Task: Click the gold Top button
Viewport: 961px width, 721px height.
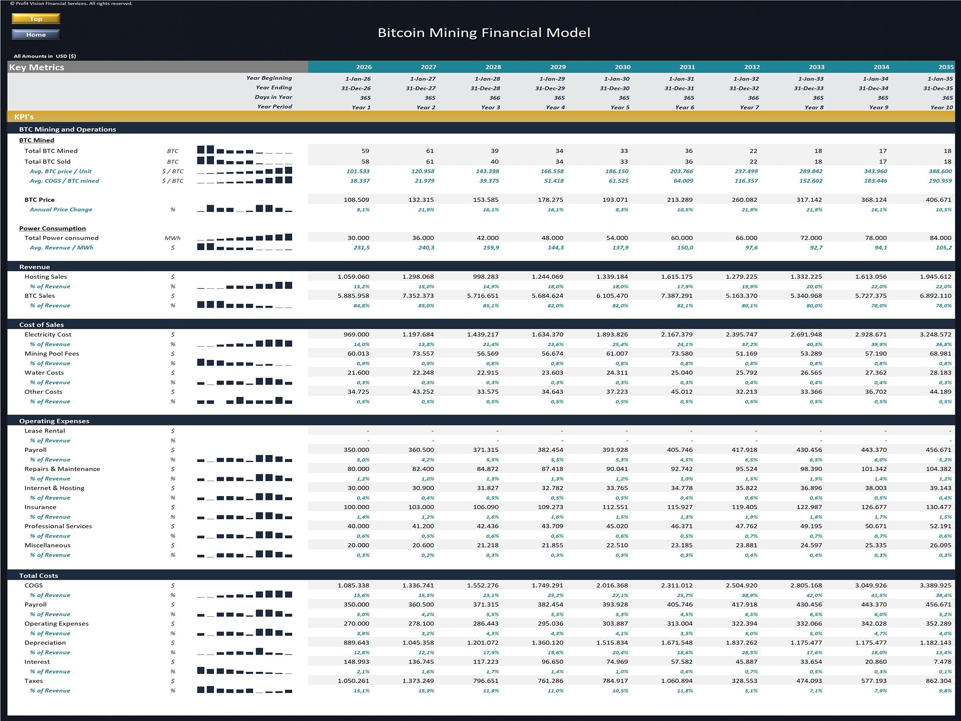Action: point(36,19)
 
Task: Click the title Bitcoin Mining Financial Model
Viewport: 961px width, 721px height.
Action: point(484,33)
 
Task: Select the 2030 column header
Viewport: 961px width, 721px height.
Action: point(622,67)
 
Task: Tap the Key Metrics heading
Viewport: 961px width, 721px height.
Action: point(37,67)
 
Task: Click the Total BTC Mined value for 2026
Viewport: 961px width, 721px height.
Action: point(365,151)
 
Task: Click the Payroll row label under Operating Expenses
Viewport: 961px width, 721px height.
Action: point(36,450)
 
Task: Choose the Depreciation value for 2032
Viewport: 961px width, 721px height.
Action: point(742,643)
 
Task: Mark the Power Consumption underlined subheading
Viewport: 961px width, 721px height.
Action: point(52,228)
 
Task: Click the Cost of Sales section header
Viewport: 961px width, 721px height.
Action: point(41,325)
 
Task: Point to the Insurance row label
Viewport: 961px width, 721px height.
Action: point(40,507)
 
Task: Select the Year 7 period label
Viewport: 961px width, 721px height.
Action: point(749,107)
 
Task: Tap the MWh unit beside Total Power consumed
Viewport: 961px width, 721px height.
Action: point(172,238)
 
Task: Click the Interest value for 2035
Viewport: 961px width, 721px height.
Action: point(942,662)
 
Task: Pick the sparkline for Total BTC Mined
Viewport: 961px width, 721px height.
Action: point(244,150)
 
